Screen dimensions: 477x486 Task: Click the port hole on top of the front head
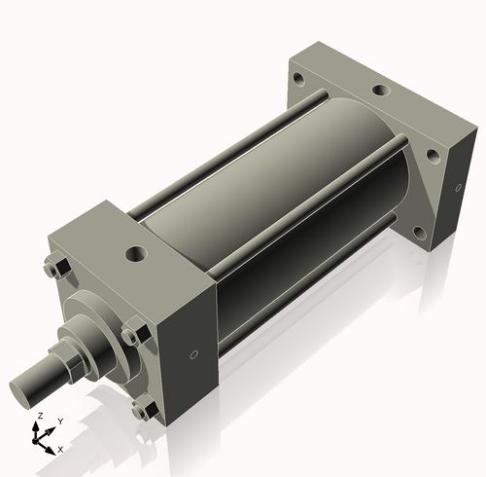pos(133,255)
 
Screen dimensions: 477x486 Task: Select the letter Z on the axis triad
pos(39,416)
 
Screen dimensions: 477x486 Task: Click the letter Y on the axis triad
pos(60,422)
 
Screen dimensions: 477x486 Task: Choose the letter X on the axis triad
pos(60,450)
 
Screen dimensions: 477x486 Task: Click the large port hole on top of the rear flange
pos(380,91)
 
